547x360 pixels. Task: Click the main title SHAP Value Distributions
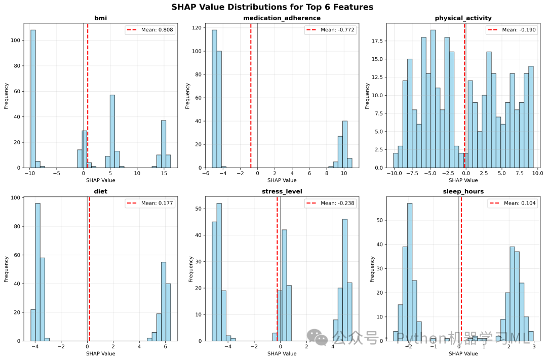coord(272,7)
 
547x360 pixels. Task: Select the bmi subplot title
coord(100,18)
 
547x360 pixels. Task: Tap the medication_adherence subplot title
coord(282,18)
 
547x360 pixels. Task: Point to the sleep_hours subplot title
coord(463,191)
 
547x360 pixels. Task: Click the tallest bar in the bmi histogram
coord(33,99)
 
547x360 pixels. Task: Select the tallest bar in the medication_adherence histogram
coord(214,99)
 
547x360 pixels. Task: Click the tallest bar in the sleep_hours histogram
coord(410,272)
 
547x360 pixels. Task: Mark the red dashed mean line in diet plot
coord(89,268)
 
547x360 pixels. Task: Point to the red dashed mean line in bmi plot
coord(88,96)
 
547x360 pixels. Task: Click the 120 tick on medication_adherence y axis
coord(198,27)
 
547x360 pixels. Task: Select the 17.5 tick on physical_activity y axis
coord(377,41)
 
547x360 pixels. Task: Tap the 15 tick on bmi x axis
coord(164,173)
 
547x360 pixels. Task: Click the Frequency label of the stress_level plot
coord(191,269)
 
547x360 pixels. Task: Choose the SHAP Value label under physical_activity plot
coord(463,180)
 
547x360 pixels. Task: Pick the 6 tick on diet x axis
coord(165,346)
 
